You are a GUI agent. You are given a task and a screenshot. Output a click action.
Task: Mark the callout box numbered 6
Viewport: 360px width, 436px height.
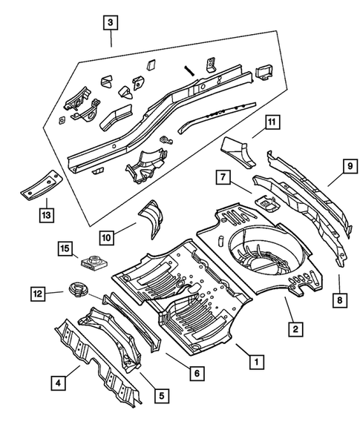click(x=198, y=373)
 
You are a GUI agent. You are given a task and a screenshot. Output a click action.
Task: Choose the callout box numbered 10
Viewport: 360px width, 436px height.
click(x=107, y=237)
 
